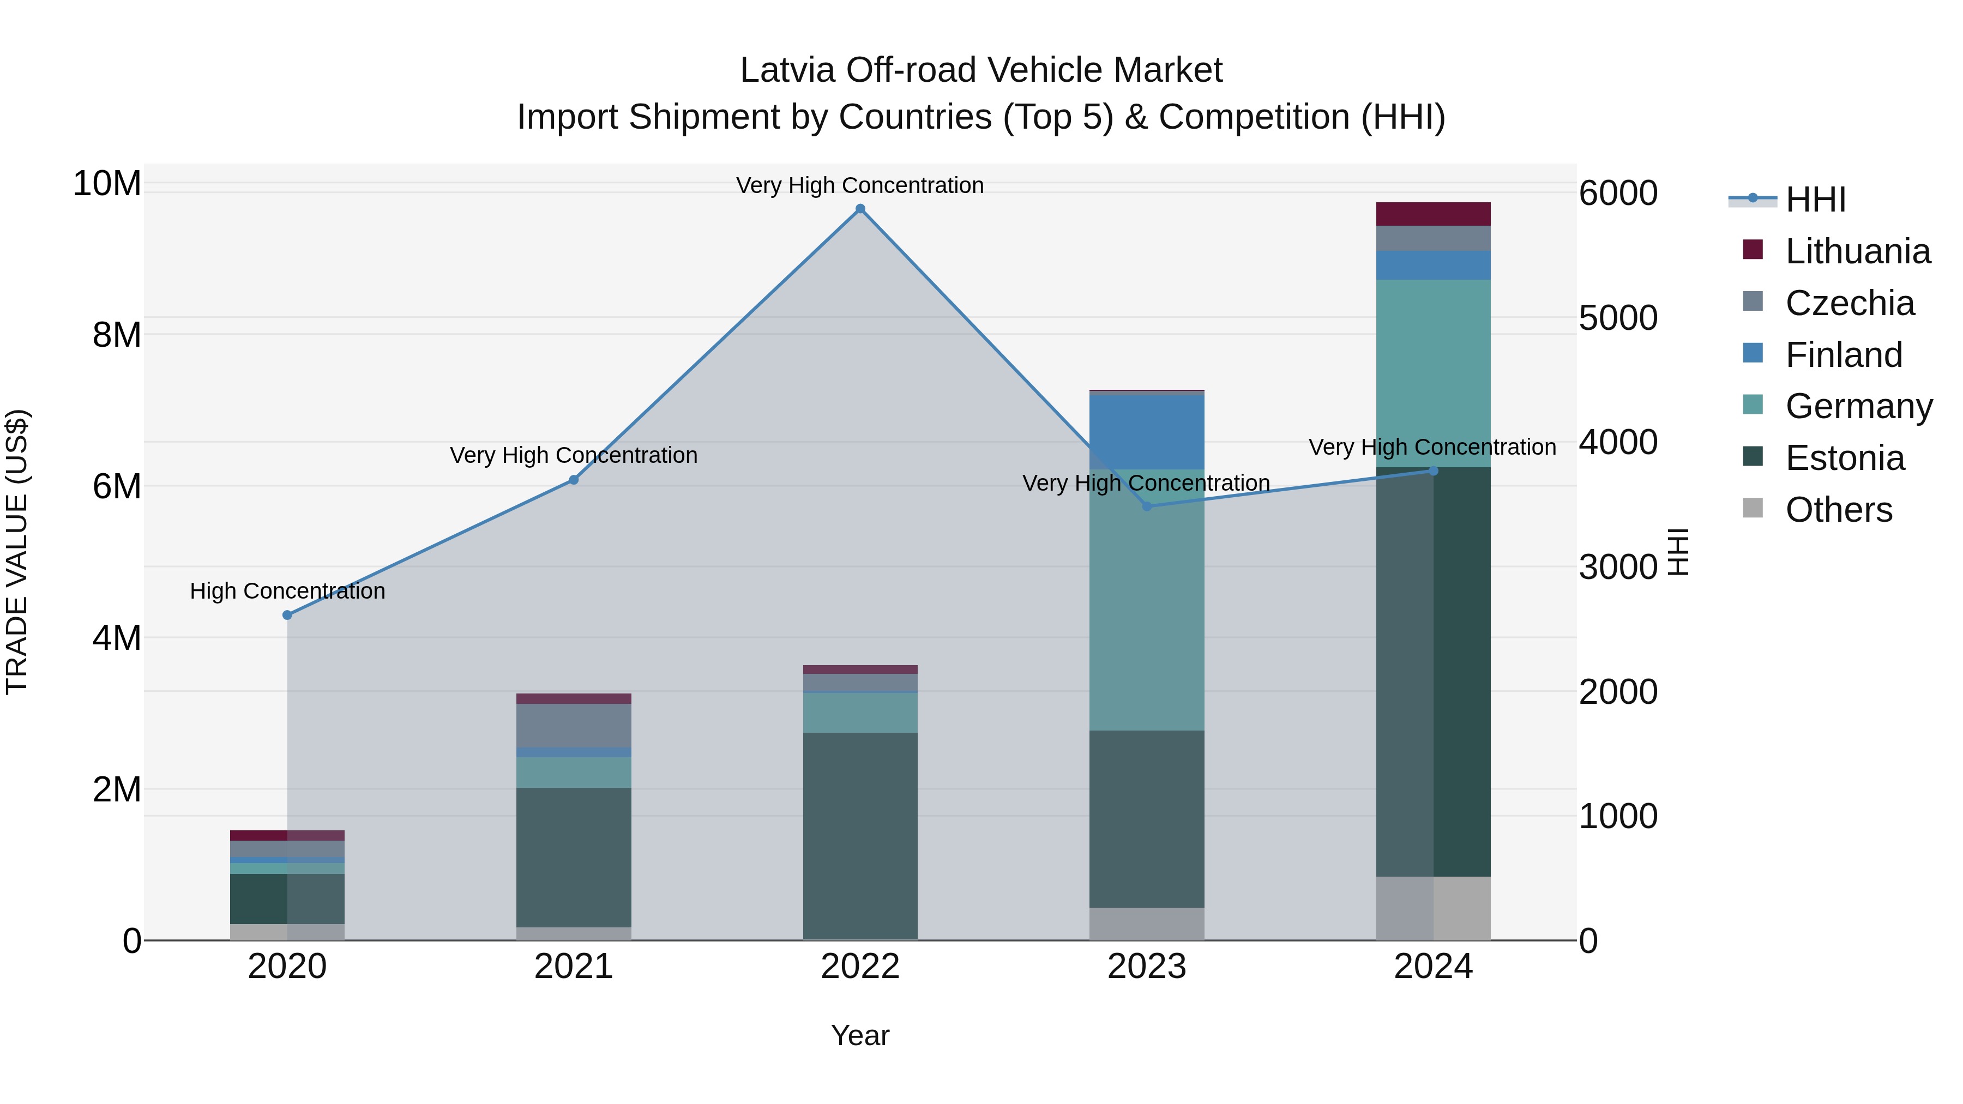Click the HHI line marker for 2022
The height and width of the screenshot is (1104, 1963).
(x=860, y=209)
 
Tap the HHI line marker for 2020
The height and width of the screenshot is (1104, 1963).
(x=287, y=615)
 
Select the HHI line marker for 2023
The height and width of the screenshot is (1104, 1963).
(x=1147, y=506)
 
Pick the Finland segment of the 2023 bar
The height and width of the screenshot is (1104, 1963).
(x=1147, y=432)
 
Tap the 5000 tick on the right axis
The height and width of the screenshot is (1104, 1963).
(x=1618, y=318)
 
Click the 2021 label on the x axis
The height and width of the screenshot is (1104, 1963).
(x=574, y=967)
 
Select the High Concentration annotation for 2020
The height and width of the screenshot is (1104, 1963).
(x=287, y=591)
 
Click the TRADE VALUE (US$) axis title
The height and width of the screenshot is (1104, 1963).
(x=17, y=552)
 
